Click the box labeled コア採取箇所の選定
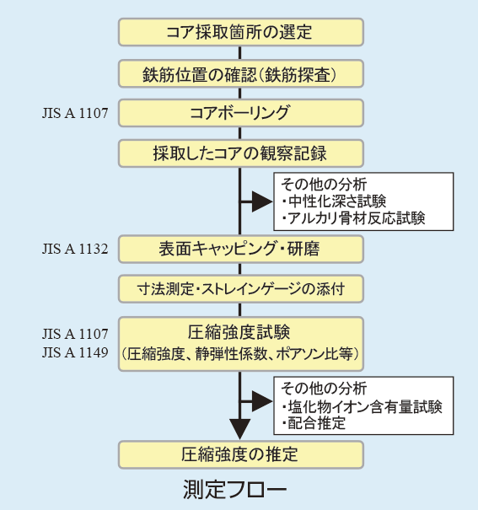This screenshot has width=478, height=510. click(240, 32)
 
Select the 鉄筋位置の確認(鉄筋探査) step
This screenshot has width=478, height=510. click(240, 73)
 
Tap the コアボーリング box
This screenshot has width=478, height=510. click(240, 113)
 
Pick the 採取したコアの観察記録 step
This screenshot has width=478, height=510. click(240, 153)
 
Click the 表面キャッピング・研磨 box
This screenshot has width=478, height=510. click(240, 250)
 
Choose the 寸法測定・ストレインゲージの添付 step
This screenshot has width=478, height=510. click(240, 289)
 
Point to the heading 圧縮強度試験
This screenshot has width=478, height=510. click(239, 332)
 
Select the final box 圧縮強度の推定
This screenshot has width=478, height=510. click(240, 454)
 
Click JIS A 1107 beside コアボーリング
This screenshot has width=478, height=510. click(75, 113)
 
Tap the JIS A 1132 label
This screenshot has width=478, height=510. click(75, 250)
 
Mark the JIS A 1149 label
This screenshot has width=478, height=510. click(75, 352)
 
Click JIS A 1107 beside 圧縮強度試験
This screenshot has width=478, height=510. click(75, 334)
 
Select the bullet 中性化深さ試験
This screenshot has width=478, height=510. click(335, 201)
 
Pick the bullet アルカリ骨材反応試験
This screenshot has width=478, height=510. click(353, 218)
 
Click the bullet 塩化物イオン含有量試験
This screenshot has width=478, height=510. click(362, 406)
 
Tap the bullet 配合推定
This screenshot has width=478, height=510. click(314, 423)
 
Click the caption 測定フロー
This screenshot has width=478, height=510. click(234, 489)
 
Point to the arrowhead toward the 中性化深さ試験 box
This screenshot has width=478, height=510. click(262, 201)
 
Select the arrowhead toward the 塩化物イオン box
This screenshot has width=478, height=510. click(262, 401)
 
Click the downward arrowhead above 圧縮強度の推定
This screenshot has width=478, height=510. click(240, 429)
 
